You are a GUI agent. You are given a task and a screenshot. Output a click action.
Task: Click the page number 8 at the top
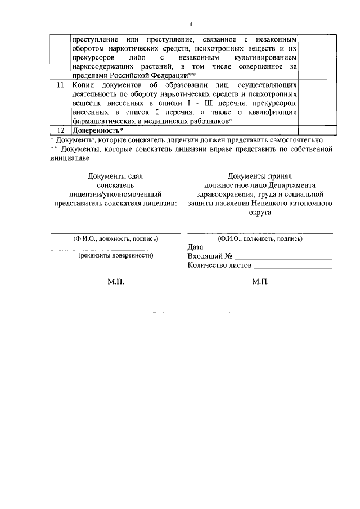point(191,25)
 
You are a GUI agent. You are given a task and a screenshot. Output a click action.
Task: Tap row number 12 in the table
point(60,130)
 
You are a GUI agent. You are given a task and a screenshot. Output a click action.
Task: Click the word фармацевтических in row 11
point(107,121)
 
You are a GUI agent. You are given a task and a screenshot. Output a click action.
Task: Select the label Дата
point(195,248)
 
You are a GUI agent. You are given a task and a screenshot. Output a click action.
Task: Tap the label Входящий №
point(210,257)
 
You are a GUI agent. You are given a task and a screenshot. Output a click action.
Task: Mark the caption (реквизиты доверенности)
point(116,256)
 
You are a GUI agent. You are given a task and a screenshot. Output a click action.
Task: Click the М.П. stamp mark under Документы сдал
point(115,282)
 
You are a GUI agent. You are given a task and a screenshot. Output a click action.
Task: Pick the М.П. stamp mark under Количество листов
point(260,282)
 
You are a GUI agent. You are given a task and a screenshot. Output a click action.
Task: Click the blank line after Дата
point(268,248)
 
